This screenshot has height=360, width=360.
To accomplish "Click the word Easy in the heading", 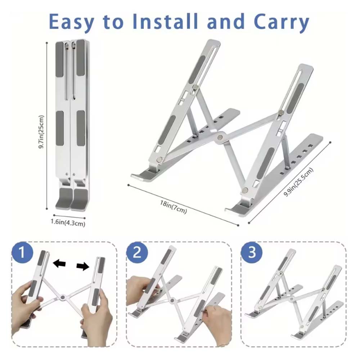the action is point(71,22).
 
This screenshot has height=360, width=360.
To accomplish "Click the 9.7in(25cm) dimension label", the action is point(41,132).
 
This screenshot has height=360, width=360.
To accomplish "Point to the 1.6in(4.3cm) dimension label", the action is point(68,223).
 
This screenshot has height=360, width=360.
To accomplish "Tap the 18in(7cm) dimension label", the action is point(174,207).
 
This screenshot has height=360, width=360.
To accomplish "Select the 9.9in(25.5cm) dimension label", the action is point(298,182).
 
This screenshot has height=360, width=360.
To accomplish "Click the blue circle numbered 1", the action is point(22,252).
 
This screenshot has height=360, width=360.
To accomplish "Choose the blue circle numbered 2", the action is point(137,252).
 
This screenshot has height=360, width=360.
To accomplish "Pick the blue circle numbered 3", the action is point(252,252).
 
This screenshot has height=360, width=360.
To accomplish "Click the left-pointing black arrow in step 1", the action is point(59,264).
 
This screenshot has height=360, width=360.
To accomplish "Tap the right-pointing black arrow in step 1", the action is point(83,266).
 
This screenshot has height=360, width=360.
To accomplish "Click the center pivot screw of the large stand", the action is point(220,137).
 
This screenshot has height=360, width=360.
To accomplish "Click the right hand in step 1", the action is point(96,321).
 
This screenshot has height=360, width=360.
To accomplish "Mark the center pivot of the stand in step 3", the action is point(292,299).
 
